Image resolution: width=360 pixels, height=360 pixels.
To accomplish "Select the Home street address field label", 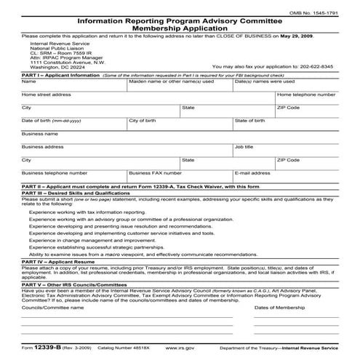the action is pos(47,95).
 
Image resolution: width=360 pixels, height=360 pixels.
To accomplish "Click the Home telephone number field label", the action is pos(306,95).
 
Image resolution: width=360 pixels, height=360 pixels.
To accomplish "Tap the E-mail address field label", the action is pos(253,173).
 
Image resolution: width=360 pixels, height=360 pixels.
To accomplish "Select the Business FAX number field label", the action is pos(156,173).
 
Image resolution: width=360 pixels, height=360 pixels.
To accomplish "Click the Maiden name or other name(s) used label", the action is pos(171,81).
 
